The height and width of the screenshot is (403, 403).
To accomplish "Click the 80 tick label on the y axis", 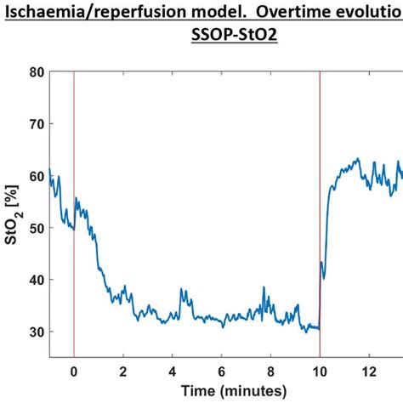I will click(x=36, y=72).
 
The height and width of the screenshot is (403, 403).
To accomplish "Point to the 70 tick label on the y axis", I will click(x=36, y=124).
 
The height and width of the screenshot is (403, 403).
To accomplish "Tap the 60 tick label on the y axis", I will click(x=36, y=176).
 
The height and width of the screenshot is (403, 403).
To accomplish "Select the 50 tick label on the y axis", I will click(x=36, y=228).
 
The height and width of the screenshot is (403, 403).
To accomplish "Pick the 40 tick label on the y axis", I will click(x=36, y=280).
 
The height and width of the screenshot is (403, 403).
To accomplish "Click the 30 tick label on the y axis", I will click(x=36, y=332).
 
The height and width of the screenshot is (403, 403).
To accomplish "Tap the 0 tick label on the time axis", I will click(x=74, y=372).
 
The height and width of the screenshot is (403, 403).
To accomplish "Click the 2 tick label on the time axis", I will click(x=123, y=372).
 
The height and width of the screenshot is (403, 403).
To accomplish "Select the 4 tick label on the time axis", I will click(x=173, y=372).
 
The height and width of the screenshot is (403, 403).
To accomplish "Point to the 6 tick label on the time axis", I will click(x=221, y=372).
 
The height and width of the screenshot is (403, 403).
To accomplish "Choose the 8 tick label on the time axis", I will click(x=270, y=372).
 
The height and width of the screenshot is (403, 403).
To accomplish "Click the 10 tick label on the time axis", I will click(x=320, y=372).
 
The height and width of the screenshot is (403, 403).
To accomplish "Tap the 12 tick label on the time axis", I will click(x=369, y=372).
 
